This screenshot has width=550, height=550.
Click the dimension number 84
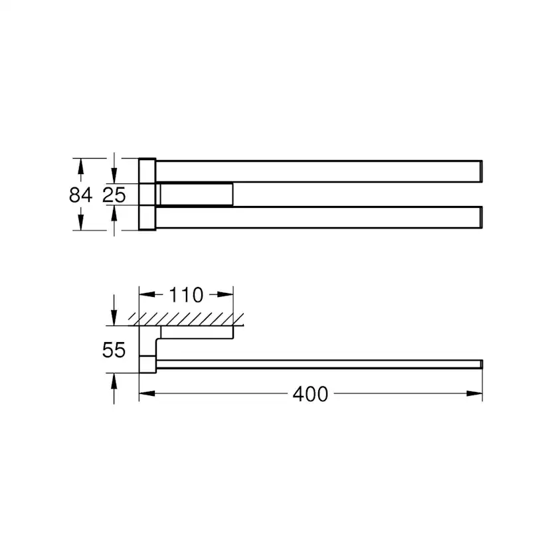[80, 195]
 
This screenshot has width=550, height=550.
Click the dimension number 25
[114, 195]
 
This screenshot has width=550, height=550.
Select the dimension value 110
[186, 295]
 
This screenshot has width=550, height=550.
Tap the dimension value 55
[114, 349]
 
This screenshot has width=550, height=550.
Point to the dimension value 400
[310, 394]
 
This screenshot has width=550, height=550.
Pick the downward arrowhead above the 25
[114, 175]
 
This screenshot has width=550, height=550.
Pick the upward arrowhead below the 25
[114, 215]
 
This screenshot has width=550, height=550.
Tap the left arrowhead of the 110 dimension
[147, 294]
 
